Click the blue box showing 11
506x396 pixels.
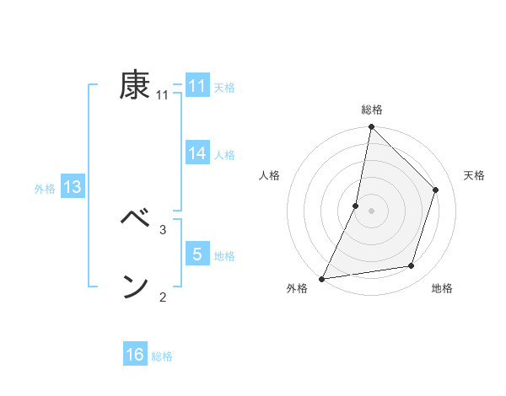click(196, 86)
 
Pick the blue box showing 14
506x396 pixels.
click(196, 153)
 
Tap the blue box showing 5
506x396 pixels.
click(196, 254)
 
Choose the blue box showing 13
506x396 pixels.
click(72, 187)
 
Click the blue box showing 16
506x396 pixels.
click(135, 355)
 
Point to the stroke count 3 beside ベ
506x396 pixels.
click(163, 229)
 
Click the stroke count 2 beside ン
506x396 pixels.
click(163, 297)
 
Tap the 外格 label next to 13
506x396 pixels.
click(45, 189)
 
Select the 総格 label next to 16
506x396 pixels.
click(162, 356)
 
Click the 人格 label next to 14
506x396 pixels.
click(224, 155)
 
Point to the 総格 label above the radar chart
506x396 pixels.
click(371, 110)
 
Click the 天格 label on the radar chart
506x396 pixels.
click(474, 175)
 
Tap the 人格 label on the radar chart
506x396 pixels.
click(269, 175)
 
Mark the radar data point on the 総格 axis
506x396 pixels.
click(371, 127)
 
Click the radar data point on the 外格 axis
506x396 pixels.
click(322, 278)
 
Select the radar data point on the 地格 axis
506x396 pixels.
click(412, 266)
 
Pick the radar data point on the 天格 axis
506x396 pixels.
click(436, 190)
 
